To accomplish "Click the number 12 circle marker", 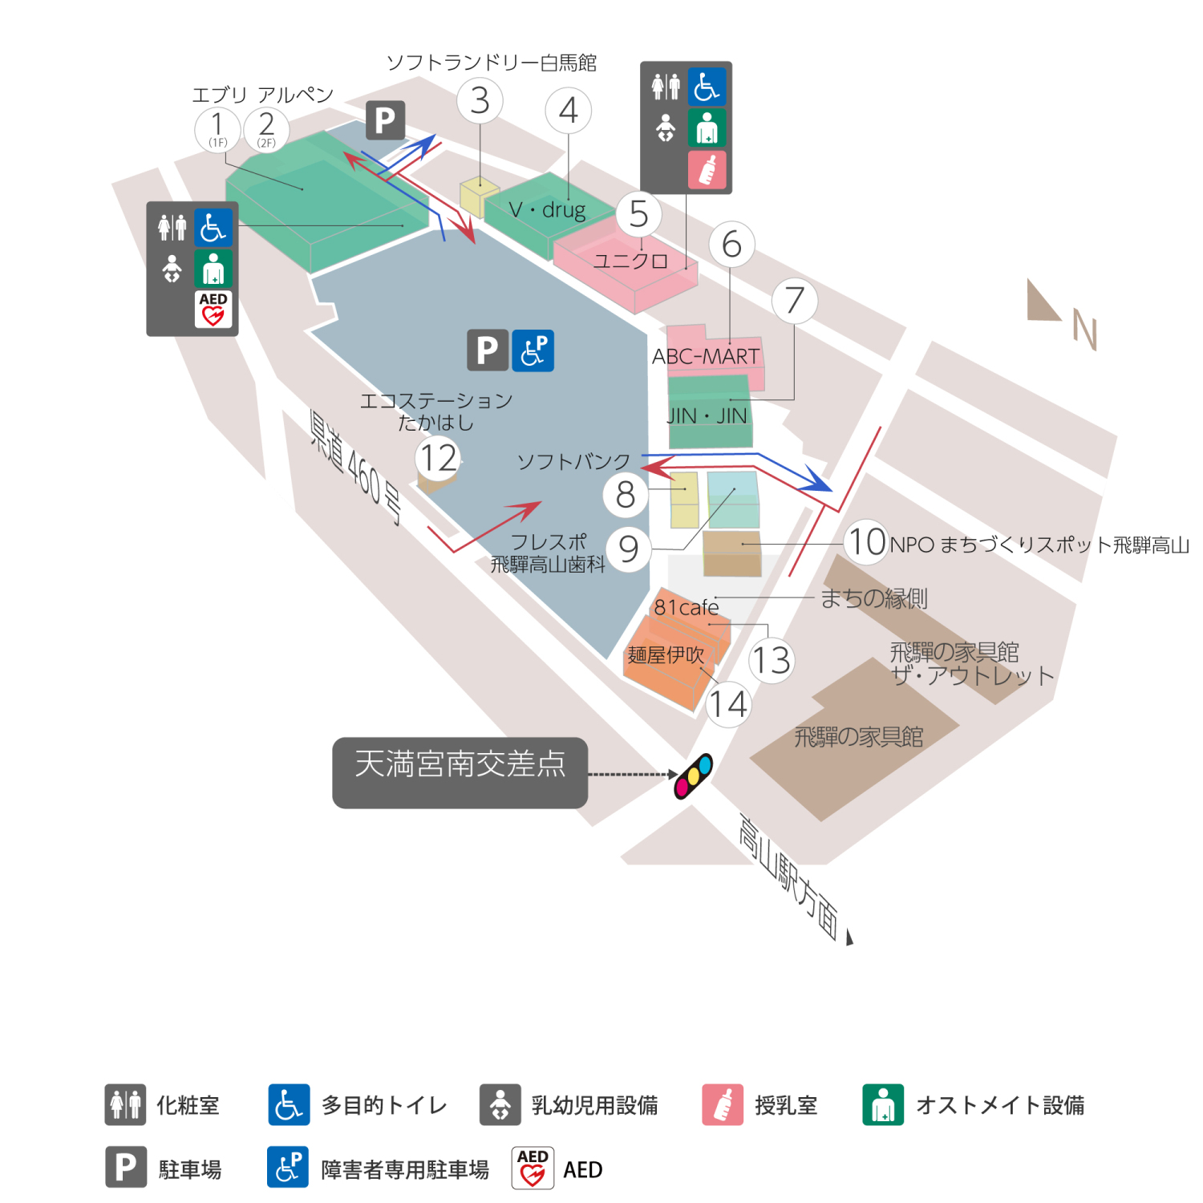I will [438, 459].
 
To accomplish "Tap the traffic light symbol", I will [694, 776].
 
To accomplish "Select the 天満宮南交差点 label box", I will [460, 772].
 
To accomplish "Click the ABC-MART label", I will [706, 356].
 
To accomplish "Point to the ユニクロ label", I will [630, 261].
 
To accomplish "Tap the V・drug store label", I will [547, 210].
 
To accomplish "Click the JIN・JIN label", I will [707, 416].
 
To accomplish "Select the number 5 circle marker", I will [638, 214].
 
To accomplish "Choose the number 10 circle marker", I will [867, 541].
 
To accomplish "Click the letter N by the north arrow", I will [1084, 330].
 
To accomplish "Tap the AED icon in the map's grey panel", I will [213, 309].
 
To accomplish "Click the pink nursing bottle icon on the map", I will [707, 170].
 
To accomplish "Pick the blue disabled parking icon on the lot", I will [533, 350].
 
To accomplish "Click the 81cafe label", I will [686, 607].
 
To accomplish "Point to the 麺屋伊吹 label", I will [666, 655].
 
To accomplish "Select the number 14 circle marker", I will [728, 704].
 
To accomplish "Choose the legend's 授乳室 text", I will [786, 1105].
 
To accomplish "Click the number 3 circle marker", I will [480, 101].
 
